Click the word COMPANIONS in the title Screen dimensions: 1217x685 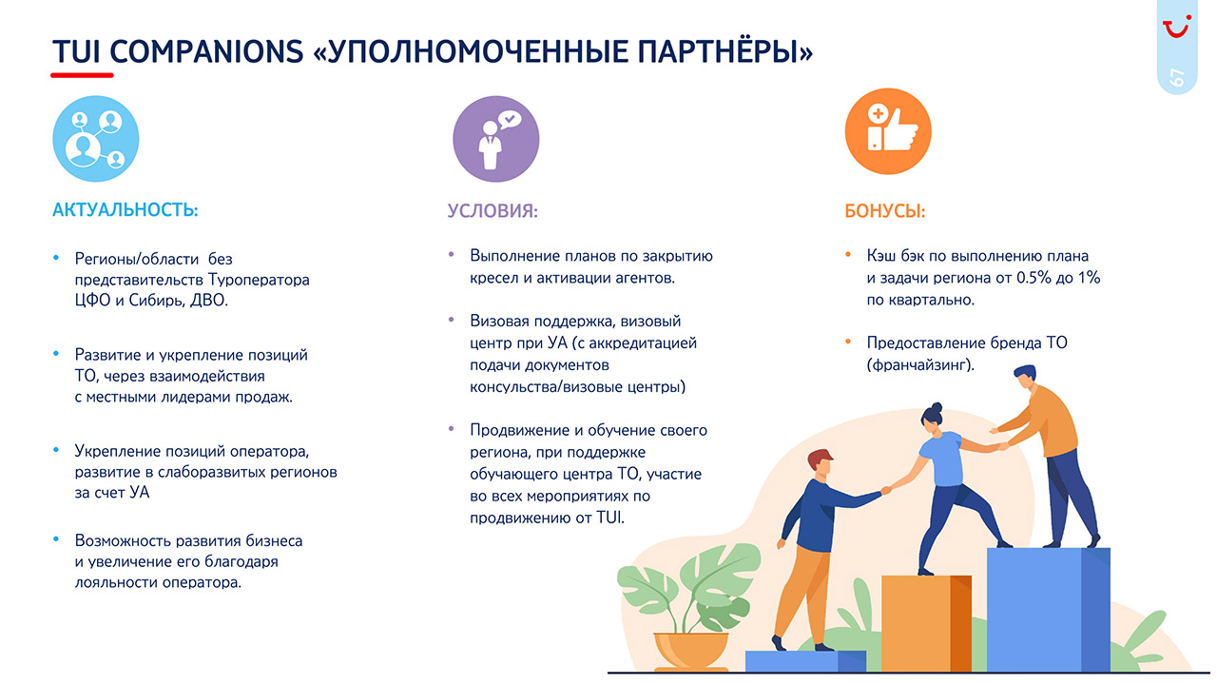coord(206,51)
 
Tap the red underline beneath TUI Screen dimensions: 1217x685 coord(82,75)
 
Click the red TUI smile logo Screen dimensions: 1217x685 coord(1177,27)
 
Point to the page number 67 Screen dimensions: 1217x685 coord(1177,78)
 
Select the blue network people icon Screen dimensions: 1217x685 coord(96,139)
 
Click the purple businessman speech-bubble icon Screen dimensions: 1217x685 coord(496,139)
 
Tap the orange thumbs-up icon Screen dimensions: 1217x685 coord(888,131)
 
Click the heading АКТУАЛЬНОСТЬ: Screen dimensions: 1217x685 coord(125,210)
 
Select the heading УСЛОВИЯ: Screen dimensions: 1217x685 coord(493,211)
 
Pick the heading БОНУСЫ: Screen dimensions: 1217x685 coord(884,211)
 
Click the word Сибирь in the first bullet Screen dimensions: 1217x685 coord(157,301)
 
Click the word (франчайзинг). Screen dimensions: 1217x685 coord(920,364)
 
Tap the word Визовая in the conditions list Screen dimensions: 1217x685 coord(499,321)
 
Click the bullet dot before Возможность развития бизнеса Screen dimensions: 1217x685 coord(56,539)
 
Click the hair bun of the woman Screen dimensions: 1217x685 coord(937,407)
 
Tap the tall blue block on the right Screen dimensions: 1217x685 coord(1048,610)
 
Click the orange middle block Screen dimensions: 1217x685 coord(926,623)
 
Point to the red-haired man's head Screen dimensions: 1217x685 coord(821,462)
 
